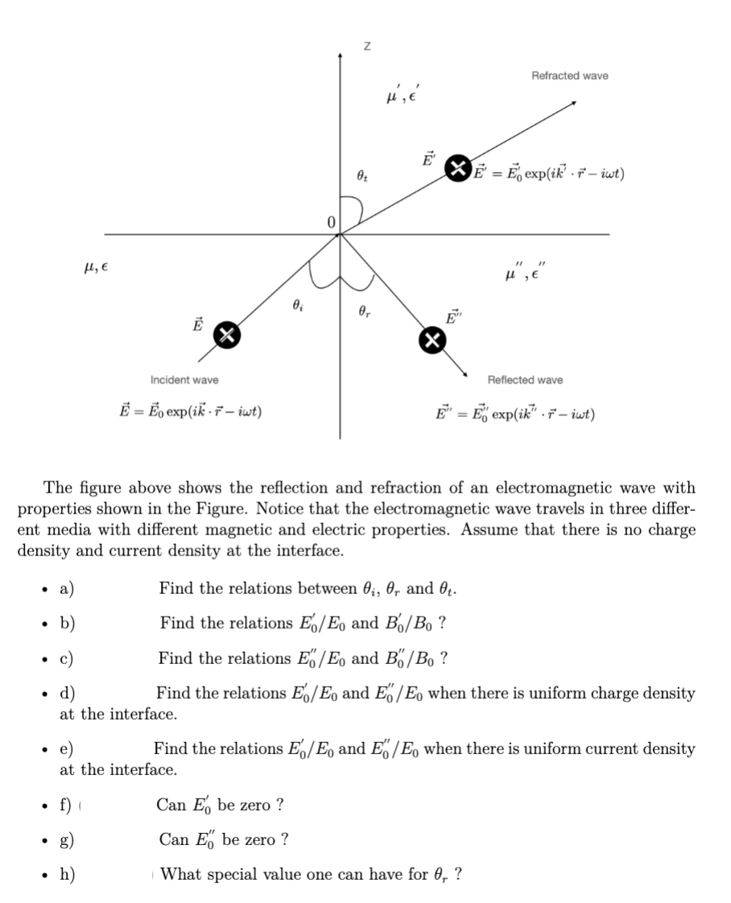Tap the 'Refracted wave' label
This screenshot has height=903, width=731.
570,76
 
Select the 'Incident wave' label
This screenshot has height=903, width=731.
184,380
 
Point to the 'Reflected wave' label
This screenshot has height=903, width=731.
526,380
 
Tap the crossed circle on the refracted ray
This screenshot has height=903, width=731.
459,167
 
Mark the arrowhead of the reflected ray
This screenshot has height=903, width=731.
466,373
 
